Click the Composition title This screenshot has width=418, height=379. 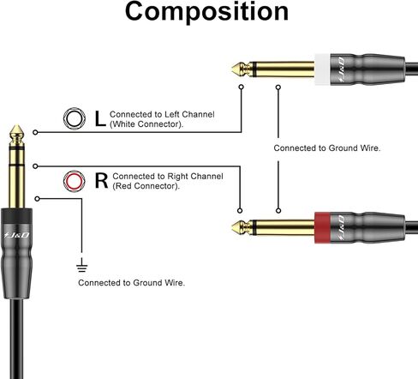point(206,12)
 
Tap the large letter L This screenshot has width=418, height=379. point(100,118)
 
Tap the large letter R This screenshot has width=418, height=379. point(101,181)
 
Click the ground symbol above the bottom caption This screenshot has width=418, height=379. point(82,265)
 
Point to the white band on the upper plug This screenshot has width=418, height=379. point(322,69)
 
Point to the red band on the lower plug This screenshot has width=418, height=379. point(322,228)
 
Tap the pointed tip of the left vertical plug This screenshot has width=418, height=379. point(16,126)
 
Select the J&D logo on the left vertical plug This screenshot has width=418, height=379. point(16,235)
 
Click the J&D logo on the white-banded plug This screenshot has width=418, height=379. point(340,69)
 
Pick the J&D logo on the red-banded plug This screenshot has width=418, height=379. point(340,228)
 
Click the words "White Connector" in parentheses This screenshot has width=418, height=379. point(146,124)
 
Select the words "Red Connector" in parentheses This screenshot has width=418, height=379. point(146,186)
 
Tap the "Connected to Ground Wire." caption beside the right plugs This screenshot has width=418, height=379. point(327,148)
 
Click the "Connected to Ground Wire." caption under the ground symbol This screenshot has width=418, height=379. point(132,283)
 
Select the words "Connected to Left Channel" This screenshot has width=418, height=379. point(162,114)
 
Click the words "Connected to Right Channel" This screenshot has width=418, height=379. point(168,177)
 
